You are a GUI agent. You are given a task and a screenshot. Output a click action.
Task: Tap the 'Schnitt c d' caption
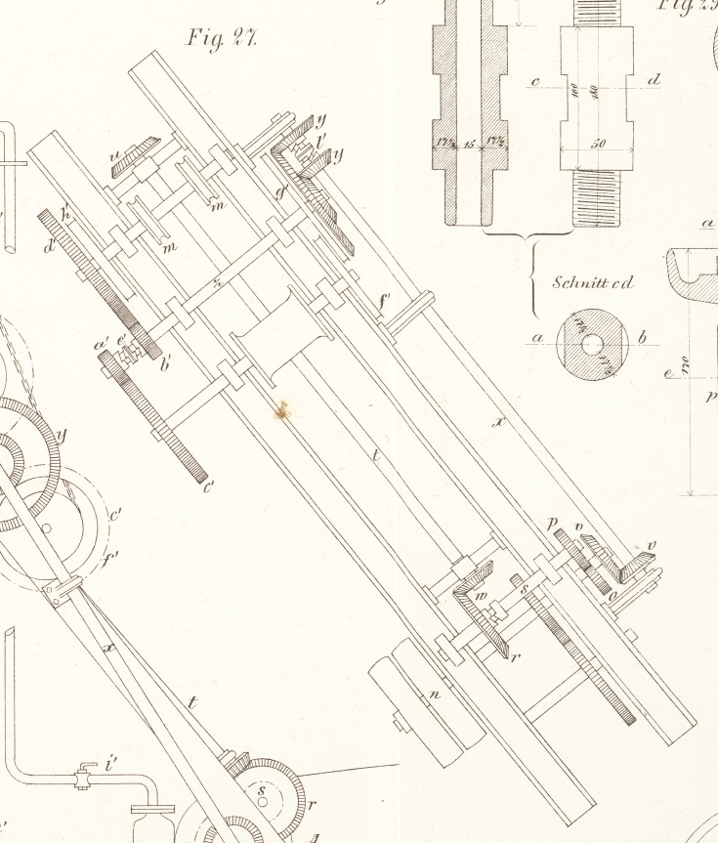tap(592, 283)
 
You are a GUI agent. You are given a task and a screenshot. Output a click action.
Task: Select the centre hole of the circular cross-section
tap(591, 344)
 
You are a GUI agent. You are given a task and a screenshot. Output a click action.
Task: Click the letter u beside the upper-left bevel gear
tap(115, 153)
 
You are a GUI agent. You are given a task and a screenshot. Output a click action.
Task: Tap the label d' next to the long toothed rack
tap(49, 245)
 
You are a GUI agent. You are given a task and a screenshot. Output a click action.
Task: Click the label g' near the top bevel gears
tap(281, 192)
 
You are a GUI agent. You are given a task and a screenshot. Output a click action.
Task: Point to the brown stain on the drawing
tap(283, 410)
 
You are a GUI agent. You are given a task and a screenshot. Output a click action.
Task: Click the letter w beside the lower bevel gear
tap(480, 595)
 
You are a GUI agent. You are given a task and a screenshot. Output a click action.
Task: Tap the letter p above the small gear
tap(553, 525)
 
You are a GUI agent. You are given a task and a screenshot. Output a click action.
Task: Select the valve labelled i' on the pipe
tap(87, 779)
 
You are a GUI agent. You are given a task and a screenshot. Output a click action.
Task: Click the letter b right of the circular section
tap(642, 339)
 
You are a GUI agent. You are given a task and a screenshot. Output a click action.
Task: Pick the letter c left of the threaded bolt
tap(536, 80)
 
